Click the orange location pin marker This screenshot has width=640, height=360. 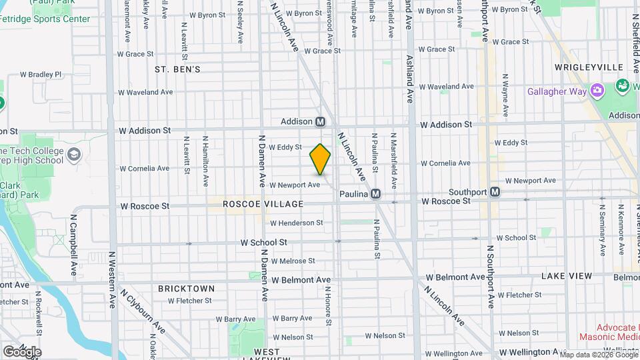[320, 159]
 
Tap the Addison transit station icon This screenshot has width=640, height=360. [320, 122]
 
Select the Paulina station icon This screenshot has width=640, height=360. [375, 193]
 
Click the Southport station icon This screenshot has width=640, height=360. [495, 192]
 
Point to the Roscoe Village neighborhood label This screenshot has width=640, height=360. [263, 204]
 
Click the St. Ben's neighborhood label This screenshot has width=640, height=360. [177, 69]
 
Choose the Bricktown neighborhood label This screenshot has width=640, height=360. [186, 289]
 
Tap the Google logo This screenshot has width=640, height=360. [21, 351]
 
